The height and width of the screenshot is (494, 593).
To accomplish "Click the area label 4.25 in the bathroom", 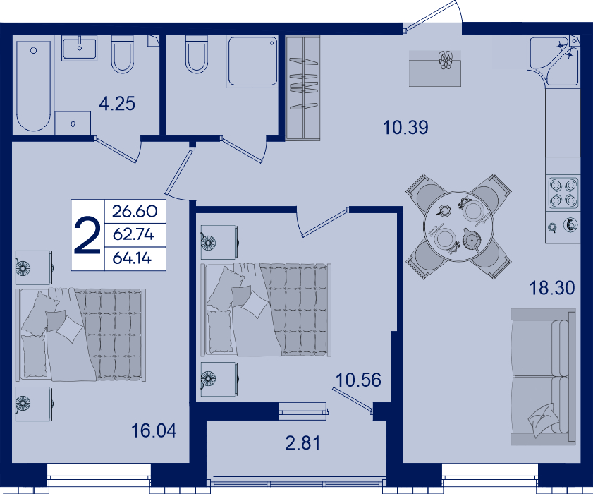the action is [x=117, y=104].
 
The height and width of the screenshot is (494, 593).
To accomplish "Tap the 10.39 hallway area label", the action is [x=405, y=128].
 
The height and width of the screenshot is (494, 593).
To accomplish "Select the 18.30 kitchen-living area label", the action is [x=552, y=288].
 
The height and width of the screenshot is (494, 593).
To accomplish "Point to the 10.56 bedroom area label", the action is [x=358, y=380].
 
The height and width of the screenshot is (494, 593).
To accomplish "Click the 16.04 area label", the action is [x=154, y=430].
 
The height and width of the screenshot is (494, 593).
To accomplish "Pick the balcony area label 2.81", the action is [x=302, y=443].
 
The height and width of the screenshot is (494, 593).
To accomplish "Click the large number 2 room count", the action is [x=87, y=235].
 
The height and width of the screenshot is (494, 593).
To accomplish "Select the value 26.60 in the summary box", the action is [x=135, y=211].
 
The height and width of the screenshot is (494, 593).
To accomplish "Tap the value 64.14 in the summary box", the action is [x=132, y=258].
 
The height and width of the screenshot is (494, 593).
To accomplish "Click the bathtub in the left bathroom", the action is [x=34, y=86].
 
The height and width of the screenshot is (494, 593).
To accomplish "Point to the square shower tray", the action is [x=252, y=61].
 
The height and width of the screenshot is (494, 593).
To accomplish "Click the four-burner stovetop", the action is [x=563, y=193].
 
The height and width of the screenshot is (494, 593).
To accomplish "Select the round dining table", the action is [x=459, y=227].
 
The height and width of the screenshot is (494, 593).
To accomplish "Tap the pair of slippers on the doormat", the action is [x=445, y=60].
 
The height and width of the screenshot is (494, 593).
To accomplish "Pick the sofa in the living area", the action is [x=543, y=376].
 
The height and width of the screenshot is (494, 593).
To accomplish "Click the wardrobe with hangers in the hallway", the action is [x=303, y=88].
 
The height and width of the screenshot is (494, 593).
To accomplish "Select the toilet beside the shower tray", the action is [x=197, y=54].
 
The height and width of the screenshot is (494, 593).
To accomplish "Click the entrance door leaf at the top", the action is [x=430, y=15].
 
